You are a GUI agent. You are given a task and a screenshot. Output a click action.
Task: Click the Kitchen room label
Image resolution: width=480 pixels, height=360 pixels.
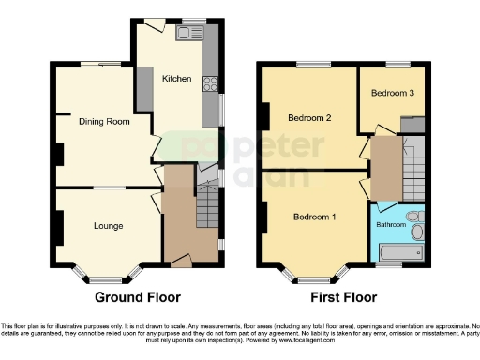tap(176, 78)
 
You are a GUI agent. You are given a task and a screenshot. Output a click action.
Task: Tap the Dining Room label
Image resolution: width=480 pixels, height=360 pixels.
tap(104, 121)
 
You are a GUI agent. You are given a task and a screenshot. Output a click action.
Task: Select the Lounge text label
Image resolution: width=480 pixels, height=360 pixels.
tap(108, 225)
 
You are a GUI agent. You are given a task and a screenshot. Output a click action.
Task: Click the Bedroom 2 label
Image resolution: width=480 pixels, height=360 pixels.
tap(309, 118)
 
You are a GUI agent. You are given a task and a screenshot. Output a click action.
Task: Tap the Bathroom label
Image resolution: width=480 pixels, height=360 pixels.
tap(392, 225)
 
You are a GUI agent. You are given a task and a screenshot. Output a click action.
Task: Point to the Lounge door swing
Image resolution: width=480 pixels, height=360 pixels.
tap(151, 200)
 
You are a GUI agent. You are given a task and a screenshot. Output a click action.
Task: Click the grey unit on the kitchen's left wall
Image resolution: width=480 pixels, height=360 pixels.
tap(145, 87)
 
